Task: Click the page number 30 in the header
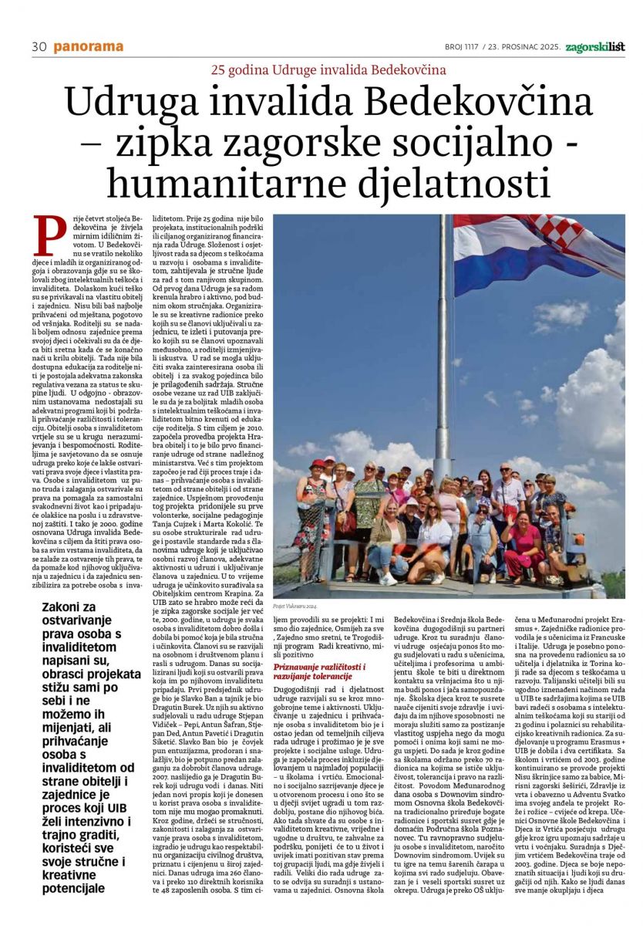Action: (39, 47)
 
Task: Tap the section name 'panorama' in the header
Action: (88, 47)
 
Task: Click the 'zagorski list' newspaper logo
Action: (595, 47)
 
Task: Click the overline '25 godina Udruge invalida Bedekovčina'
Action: (329, 70)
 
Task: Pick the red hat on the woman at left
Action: (317, 465)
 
